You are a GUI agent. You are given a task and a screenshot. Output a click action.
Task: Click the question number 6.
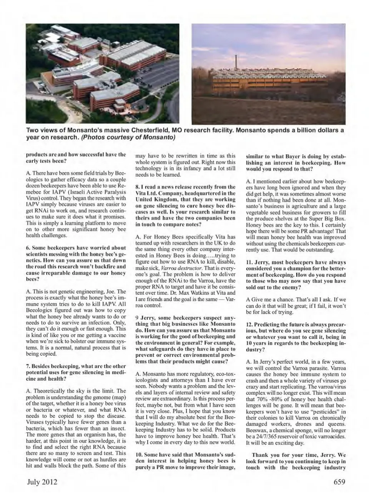point(28,247)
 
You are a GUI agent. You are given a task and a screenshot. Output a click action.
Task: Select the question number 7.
point(28,366)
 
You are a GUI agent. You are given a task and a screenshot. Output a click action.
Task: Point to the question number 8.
point(137,187)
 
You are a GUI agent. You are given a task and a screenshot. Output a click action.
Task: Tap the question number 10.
point(139,454)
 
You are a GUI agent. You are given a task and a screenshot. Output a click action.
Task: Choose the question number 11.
point(249,262)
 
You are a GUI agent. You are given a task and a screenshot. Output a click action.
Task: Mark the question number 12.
point(249,324)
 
